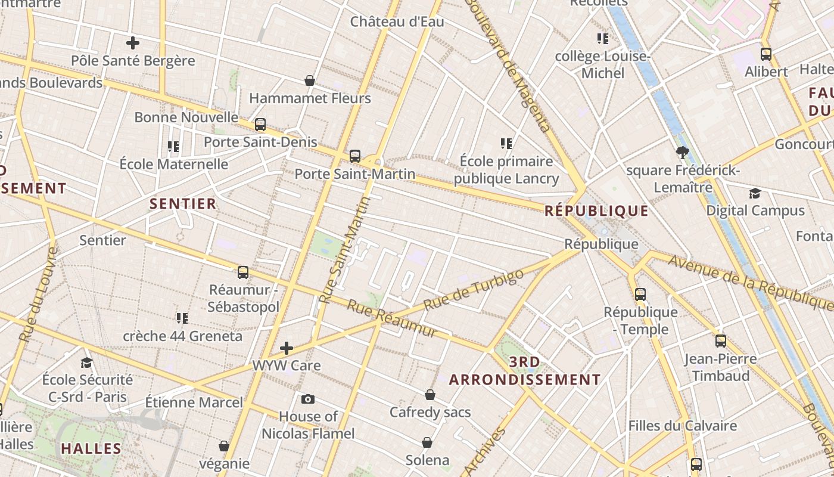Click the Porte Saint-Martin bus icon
click(x=355, y=156)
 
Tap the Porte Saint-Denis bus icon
click(x=260, y=125)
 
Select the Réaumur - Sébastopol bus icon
click(x=243, y=272)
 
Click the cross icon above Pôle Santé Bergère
click(x=133, y=43)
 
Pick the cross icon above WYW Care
click(x=287, y=348)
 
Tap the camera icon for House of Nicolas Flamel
click(x=308, y=399)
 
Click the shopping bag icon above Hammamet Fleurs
click(x=310, y=80)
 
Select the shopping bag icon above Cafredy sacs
click(x=430, y=395)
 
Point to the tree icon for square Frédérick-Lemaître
click(x=683, y=153)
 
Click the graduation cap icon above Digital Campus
click(x=755, y=193)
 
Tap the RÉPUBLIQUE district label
click(x=596, y=210)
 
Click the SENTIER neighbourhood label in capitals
click(x=183, y=204)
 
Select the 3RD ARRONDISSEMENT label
click(x=525, y=371)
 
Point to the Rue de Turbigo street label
click(x=474, y=289)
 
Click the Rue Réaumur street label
click(x=393, y=318)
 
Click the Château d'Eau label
click(x=397, y=22)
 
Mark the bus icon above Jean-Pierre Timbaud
click(x=721, y=341)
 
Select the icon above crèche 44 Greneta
click(x=182, y=318)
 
